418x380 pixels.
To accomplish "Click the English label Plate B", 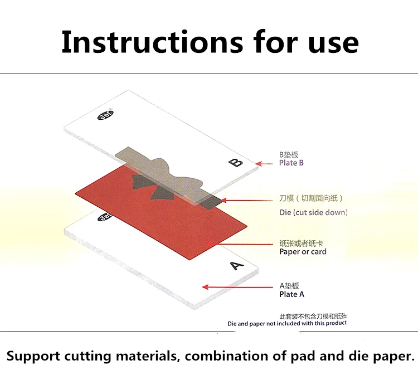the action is tap(291, 163).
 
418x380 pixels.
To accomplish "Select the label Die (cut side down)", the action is tap(313, 212).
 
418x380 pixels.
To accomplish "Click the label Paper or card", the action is tap(303, 252).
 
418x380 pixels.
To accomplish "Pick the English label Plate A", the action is tap(291, 294).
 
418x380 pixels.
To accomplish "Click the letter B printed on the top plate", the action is tap(236, 163).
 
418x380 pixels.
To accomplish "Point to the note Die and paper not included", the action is tap(286, 323).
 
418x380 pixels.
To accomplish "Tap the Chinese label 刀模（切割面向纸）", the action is tap(311, 198).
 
